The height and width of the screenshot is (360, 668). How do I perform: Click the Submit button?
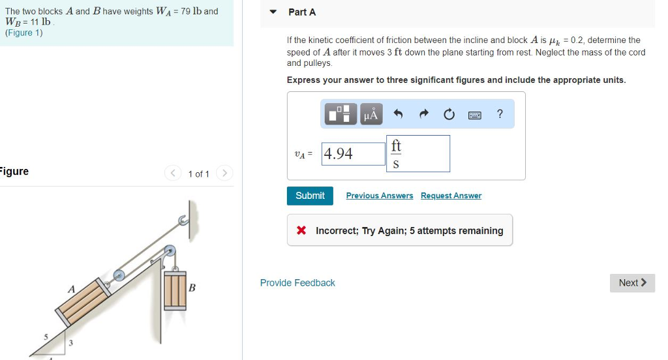pyautogui.click(x=310, y=196)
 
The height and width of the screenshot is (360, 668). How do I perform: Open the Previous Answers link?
pyautogui.click(x=379, y=196)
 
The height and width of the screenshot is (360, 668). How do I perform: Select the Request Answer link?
pyautogui.click(x=451, y=196)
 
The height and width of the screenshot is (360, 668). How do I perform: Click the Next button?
pyautogui.click(x=632, y=282)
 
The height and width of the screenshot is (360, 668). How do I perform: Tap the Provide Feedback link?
pyautogui.click(x=297, y=282)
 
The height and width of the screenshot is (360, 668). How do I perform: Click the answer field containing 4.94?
pyautogui.click(x=353, y=154)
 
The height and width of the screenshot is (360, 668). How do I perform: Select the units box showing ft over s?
pyautogui.click(x=418, y=154)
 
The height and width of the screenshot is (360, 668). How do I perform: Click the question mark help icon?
pyautogui.click(x=500, y=114)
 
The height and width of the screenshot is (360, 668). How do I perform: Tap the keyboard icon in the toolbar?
pyautogui.click(x=475, y=115)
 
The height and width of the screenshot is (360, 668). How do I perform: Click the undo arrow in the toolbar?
pyautogui.click(x=399, y=115)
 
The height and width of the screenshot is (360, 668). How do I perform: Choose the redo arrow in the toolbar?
pyautogui.click(x=423, y=115)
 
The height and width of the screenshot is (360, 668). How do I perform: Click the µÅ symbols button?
pyautogui.click(x=370, y=115)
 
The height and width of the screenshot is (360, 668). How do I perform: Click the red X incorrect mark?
pyautogui.click(x=301, y=230)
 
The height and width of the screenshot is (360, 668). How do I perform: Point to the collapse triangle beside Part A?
pyautogui.click(x=274, y=12)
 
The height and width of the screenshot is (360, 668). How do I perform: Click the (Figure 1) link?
pyautogui.click(x=23, y=33)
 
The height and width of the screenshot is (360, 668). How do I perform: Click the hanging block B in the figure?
pyautogui.click(x=175, y=290)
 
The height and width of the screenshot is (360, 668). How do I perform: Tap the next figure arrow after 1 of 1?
pyautogui.click(x=224, y=173)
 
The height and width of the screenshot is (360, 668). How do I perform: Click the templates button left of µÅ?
pyautogui.click(x=342, y=115)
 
